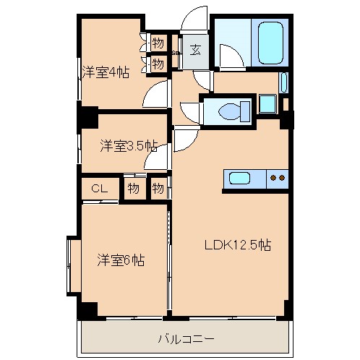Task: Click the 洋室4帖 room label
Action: [105, 72]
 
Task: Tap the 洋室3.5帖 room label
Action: [128, 146]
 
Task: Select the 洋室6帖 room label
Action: [121, 260]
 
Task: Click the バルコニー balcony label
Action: [186, 338]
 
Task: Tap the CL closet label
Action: [100, 189]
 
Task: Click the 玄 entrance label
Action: [195, 50]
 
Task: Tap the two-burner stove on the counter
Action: [276, 177]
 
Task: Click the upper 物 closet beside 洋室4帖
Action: [158, 43]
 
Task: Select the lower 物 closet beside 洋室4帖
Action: [158, 64]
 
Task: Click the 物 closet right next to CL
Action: [133, 189]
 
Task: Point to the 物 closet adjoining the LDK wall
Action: [158, 189]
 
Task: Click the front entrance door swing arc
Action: [194, 18]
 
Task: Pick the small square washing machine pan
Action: [267, 103]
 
